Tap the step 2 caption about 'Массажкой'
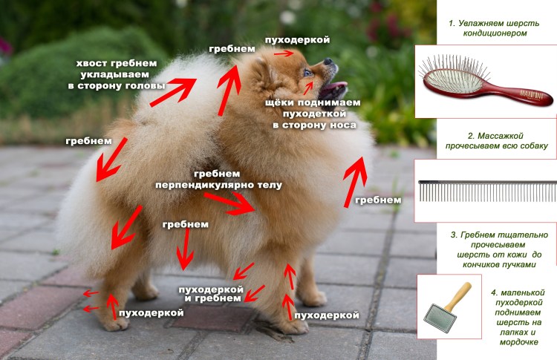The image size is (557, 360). [497, 141]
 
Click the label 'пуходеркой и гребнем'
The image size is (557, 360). [211, 292]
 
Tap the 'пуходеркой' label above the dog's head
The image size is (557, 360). [297, 39]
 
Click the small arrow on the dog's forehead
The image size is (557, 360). [283, 53]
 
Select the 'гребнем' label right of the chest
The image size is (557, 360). [378, 200]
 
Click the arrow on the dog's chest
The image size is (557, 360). [355, 182]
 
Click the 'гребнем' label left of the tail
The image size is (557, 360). [88, 140]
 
